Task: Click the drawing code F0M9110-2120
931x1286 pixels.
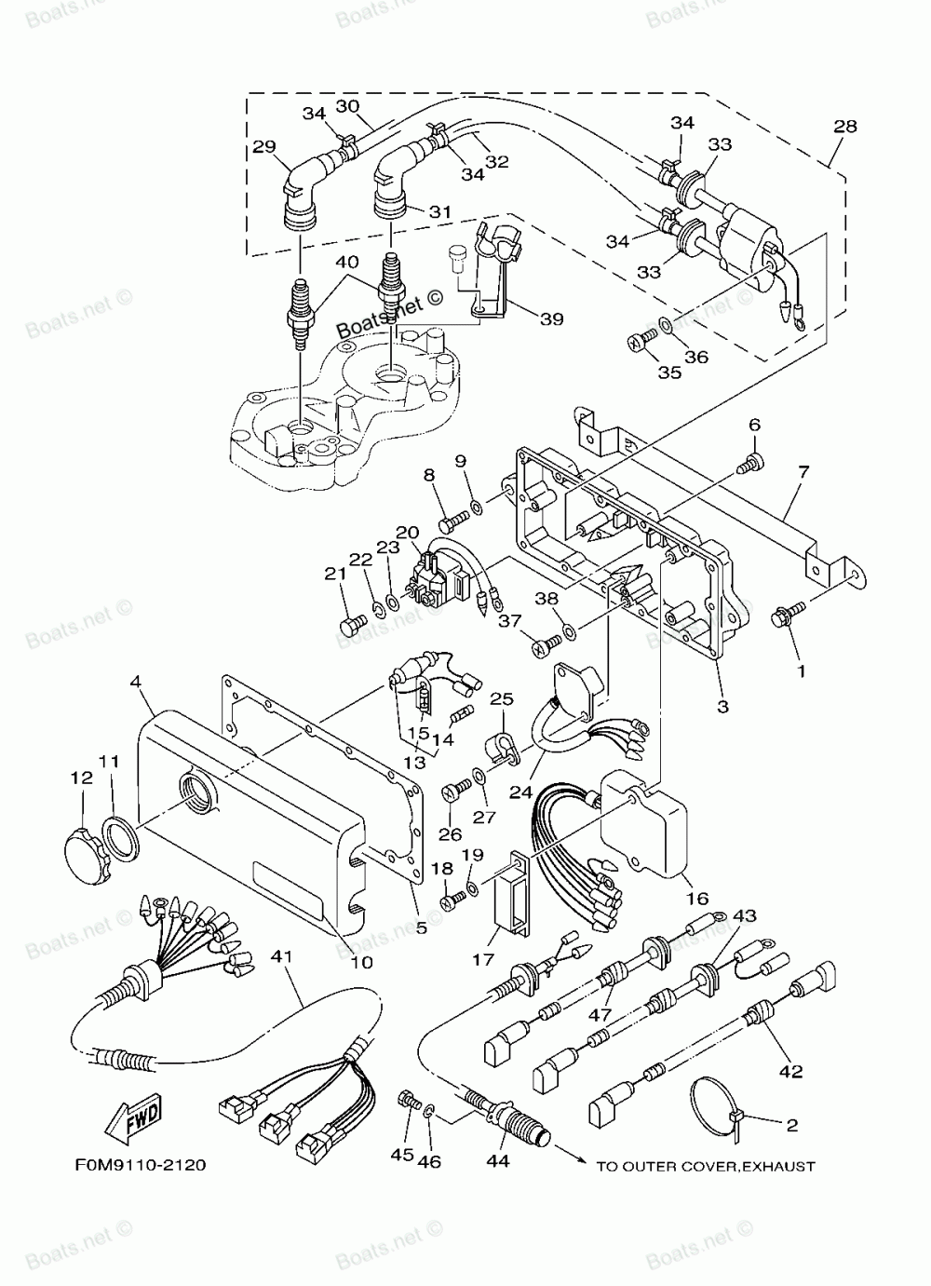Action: coord(137,1164)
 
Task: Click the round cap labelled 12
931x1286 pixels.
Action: coord(84,846)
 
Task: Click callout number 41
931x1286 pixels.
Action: coord(280,955)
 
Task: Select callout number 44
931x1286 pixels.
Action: coord(498,1160)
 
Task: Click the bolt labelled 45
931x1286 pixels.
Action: coord(407,1100)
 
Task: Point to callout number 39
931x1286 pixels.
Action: coord(552,319)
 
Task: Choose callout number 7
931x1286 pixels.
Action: coord(803,472)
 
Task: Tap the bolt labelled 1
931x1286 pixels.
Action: coord(781,616)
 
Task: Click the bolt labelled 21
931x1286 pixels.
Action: coord(349,626)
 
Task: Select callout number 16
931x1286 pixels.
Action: coord(696,899)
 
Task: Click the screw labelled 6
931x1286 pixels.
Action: coord(750,458)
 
